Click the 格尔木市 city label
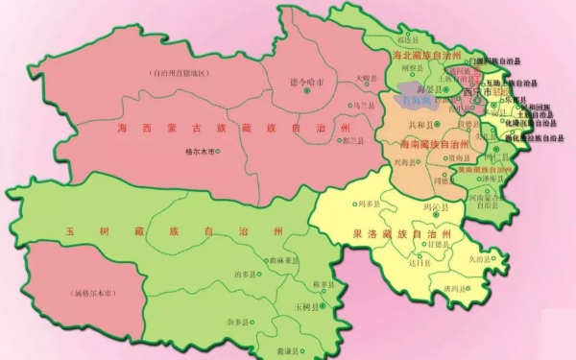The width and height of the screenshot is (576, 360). point(199,152)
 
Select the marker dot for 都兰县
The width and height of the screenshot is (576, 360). point(339,140)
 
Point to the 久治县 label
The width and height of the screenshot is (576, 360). point(478,258)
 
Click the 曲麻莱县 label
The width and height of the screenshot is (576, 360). point(283,260)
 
